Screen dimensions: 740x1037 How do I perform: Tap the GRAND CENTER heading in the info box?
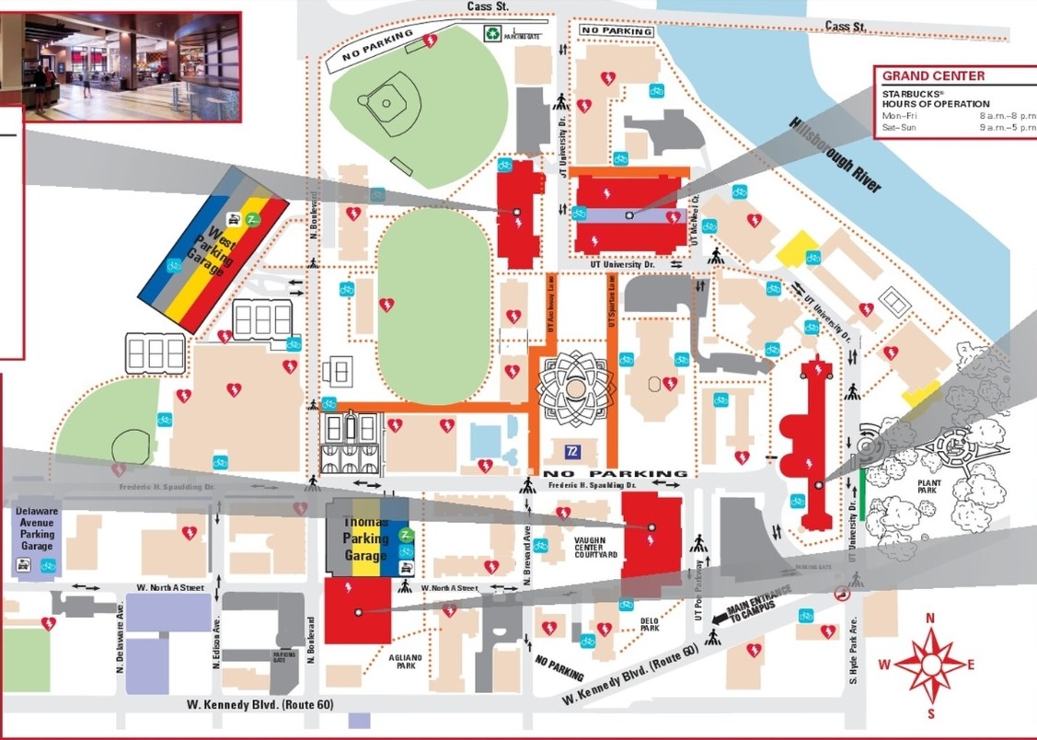click(x=933, y=76)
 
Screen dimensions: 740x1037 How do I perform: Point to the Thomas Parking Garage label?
click(x=365, y=538)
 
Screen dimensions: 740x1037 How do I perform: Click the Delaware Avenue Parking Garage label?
click(x=37, y=528)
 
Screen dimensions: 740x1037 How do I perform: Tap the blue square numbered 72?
click(x=571, y=451)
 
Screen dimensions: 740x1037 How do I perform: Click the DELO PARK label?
click(x=650, y=624)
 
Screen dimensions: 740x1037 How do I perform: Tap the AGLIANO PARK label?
click(x=405, y=661)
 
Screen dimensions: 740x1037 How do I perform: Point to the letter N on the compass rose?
click(x=930, y=619)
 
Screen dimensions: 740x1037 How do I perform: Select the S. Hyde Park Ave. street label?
click(x=853, y=650)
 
